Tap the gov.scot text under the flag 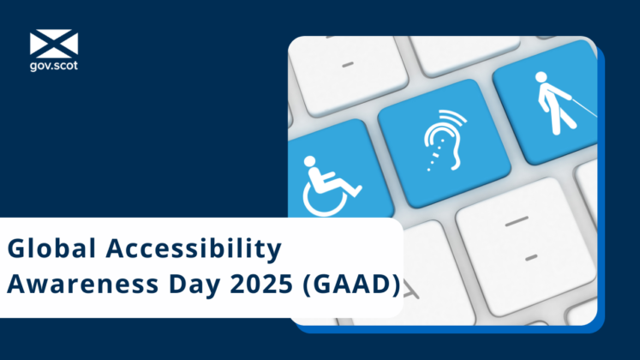(x=53, y=65)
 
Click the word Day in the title (x=181, y=285)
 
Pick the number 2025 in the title (x=253, y=285)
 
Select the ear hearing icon (x=440, y=141)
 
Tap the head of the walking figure (x=542, y=76)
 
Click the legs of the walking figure (x=556, y=120)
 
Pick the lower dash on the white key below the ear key (x=530, y=255)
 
